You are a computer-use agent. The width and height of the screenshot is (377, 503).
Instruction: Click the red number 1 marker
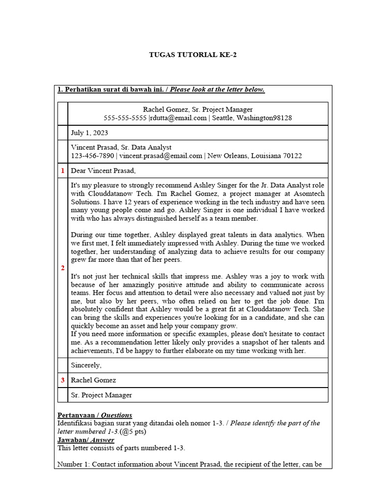[62, 171]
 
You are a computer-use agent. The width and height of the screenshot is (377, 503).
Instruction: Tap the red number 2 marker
[62, 268]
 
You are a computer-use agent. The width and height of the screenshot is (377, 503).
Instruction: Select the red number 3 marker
[62, 380]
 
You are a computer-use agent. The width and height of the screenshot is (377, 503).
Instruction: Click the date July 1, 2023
[90, 133]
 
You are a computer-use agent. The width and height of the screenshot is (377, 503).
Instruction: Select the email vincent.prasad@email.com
[161, 156]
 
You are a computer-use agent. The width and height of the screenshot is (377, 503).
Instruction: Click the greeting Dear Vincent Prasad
[103, 171]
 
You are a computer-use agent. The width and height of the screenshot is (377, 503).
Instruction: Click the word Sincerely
[86, 365]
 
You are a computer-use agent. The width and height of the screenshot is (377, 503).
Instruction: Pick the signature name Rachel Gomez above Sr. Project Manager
[94, 380]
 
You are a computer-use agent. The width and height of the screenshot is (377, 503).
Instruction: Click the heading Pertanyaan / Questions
[94, 415]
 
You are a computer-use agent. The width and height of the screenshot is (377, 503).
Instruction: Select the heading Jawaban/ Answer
[85, 440]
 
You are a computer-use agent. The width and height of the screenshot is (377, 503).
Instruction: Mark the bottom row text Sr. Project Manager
[102, 395]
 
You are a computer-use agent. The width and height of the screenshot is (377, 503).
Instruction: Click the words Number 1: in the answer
[74, 464]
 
